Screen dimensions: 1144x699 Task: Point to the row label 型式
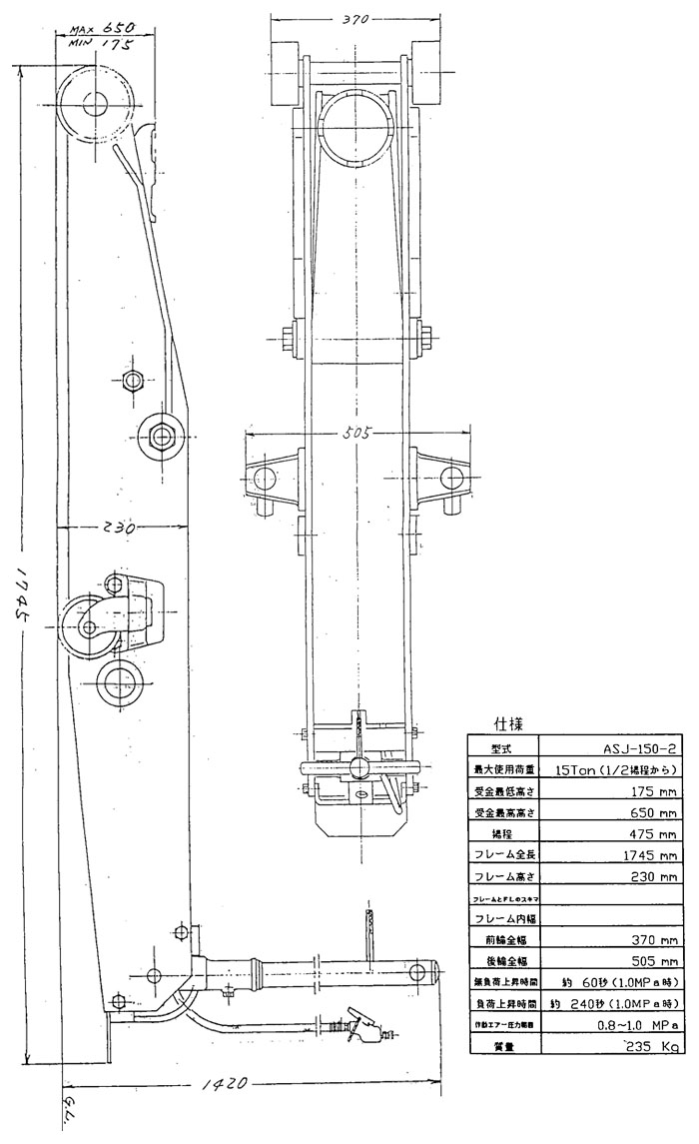coord(501,747)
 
